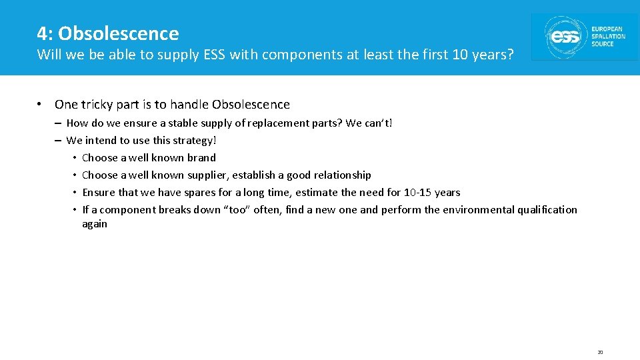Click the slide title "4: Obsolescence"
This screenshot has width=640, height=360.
(108, 33)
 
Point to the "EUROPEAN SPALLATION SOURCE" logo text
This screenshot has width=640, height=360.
(608, 37)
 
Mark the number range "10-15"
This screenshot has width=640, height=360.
(418, 193)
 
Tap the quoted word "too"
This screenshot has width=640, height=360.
(237, 210)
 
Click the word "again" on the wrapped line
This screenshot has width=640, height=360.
(95, 224)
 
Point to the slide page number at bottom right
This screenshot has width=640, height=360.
(600, 352)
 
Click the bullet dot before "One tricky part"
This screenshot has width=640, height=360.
(41, 105)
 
